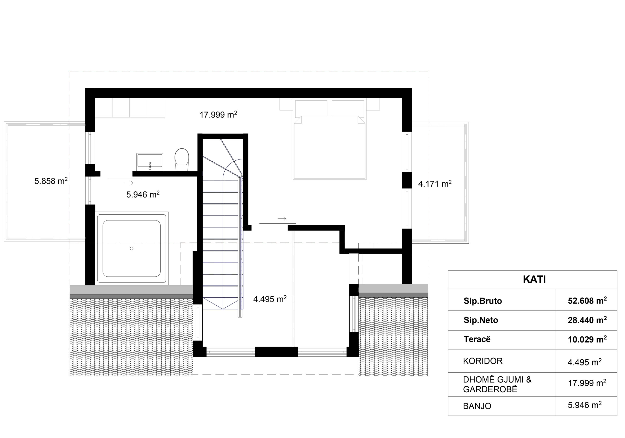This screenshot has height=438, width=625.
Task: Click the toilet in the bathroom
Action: tap(182, 159)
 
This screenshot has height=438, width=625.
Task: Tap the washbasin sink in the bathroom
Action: tap(150, 162)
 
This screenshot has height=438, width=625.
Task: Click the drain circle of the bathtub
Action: tap(132, 249)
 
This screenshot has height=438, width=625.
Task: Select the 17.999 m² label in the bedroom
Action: tap(218, 115)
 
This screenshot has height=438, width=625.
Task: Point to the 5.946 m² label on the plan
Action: tap(143, 194)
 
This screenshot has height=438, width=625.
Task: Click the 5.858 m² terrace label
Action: tap(51, 181)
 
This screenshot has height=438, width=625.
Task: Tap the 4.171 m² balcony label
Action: tap(435, 184)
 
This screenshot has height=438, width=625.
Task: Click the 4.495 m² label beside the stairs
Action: tap(270, 299)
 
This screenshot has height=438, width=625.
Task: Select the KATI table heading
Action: tap(534, 280)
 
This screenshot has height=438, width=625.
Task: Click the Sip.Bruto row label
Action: tap(483, 301)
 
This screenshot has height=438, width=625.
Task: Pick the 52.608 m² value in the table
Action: tap(587, 300)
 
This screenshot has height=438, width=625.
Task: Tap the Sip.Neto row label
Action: tap(481, 320)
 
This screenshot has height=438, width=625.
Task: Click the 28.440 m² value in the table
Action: tap(587, 320)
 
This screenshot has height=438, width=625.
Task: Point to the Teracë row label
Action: tap(477, 339)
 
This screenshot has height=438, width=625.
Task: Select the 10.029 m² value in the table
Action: tap(587, 339)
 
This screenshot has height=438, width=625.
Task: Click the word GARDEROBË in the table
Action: tap(490, 389)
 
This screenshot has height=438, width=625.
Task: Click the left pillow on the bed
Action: tap(311, 108)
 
